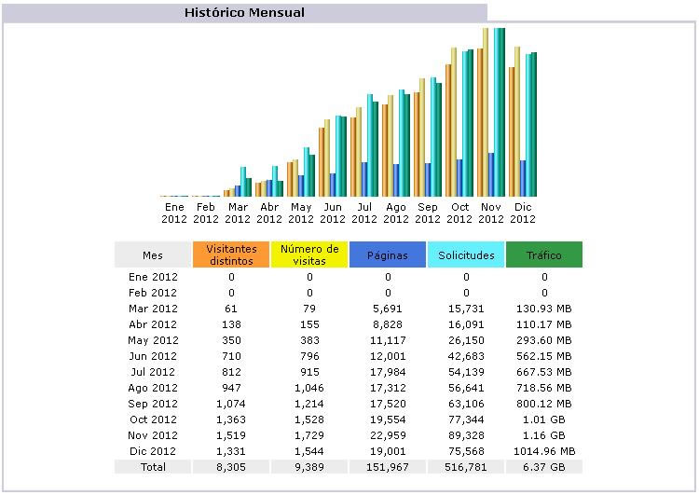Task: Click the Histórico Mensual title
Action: tap(244, 13)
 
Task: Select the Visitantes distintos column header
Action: tap(231, 254)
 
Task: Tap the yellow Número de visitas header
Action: tap(309, 254)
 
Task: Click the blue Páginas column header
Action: tap(388, 254)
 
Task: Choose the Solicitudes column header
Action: tap(466, 254)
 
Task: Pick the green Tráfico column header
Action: tap(544, 254)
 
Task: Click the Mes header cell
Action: tap(153, 254)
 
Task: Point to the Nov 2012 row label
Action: tap(153, 435)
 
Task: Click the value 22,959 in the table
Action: tap(388, 435)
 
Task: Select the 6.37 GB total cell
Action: tap(544, 466)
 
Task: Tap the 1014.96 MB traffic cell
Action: tap(544, 451)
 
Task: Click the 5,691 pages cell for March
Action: tap(388, 309)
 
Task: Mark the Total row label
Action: tap(153, 466)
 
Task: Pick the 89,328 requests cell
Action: tap(466, 435)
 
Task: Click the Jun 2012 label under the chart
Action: tap(333, 213)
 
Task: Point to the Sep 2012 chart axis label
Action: tap(428, 213)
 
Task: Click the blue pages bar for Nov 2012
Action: tap(492, 175)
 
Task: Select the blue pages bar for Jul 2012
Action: tap(365, 179)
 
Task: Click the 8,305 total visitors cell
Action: tap(231, 466)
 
